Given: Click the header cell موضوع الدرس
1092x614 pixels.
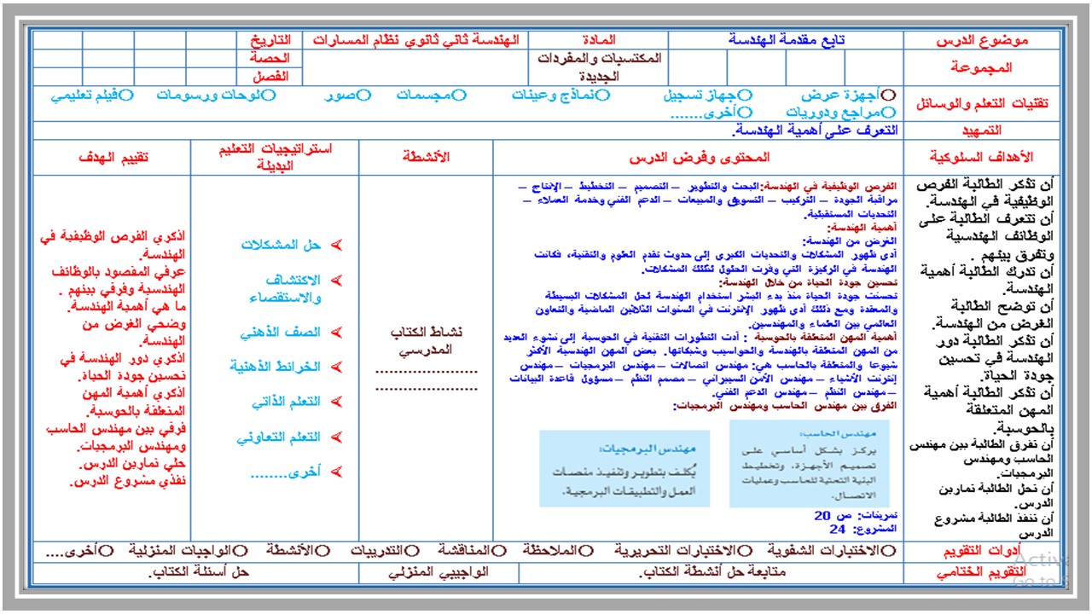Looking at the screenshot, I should tap(982, 40).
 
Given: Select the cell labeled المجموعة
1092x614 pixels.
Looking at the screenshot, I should tap(981, 67).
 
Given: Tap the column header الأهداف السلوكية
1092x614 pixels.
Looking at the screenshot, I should tap(981, 157).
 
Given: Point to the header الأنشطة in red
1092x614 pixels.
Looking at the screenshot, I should tap(426, 157).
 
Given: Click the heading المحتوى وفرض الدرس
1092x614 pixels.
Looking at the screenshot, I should tap(699, 157).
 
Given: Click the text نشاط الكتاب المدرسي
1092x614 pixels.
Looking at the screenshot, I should tap(426, 341).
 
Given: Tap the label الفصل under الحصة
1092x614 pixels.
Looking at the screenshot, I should tap(271, 77).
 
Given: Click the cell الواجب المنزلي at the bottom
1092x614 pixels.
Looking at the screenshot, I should tap(439, 573).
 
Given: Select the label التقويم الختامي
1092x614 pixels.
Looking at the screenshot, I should tap(981, 573).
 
